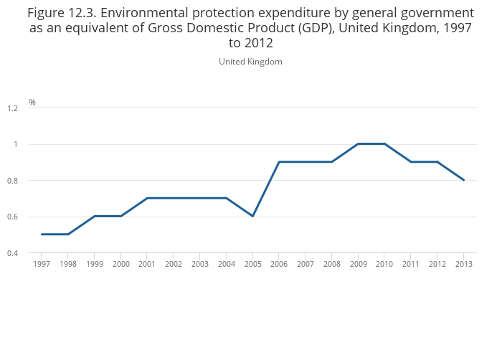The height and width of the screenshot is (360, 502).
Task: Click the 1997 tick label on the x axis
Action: click(x=42, y=265)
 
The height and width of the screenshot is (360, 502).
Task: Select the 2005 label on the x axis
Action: click(x=252, y=265)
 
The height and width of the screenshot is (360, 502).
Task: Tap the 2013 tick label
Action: click(x=464, y=265)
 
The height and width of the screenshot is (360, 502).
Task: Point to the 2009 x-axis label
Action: click(x=359, y=265)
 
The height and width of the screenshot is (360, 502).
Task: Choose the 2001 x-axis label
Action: click(x=147, y=265)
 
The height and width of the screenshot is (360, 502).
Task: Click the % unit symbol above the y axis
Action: click(x=32, y=103)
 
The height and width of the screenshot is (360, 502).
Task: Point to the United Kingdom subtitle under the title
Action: click(x=250, y=62)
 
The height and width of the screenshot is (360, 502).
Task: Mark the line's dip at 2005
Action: click(x=252, y=216)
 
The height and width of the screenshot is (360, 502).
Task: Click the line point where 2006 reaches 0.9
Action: click(x=279, y=162)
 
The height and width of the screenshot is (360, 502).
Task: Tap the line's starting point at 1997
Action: click(x=42, y=235)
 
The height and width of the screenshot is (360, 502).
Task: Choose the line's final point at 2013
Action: click(x=464, y=180)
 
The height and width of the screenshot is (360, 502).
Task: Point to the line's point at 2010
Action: click(x=385, y=144)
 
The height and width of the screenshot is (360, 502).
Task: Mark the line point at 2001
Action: click(x=147, y=198)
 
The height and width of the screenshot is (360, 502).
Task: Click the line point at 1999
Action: click(x=94, y=216)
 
